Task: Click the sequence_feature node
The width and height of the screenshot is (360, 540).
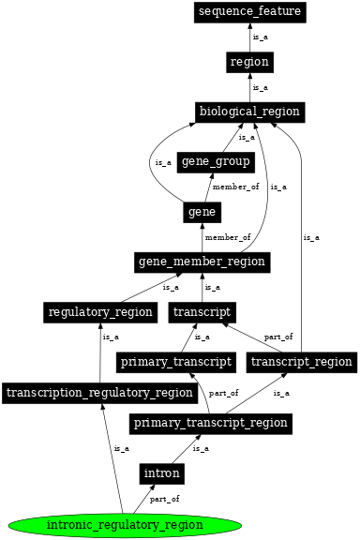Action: point(249,12)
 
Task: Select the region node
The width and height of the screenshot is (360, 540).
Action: point(249,62)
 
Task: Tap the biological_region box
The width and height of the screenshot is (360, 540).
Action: point(249,112)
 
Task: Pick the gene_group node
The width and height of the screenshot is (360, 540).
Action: point(216,162)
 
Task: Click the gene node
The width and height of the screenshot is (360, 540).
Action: point(202,212)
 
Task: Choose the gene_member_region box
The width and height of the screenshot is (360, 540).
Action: point(202,261)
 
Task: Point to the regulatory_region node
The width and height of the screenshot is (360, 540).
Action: point(99,311)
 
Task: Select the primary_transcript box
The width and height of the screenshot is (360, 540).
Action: point(175,361)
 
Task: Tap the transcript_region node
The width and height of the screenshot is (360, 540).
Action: point(301,361)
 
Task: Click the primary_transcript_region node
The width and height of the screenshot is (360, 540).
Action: point(209,423)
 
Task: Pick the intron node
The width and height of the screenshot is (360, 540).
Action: point(161,473)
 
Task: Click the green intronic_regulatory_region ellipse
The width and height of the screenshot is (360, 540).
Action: point(125,524)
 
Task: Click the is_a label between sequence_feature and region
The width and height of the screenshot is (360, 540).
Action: point(260,37)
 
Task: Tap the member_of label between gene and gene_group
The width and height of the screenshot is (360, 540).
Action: point(235,187)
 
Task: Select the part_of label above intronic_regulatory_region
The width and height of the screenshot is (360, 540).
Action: point(164,499)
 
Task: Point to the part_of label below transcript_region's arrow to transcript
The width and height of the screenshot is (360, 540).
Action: point(277,336)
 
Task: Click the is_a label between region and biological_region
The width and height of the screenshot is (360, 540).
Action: point(260,87)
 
